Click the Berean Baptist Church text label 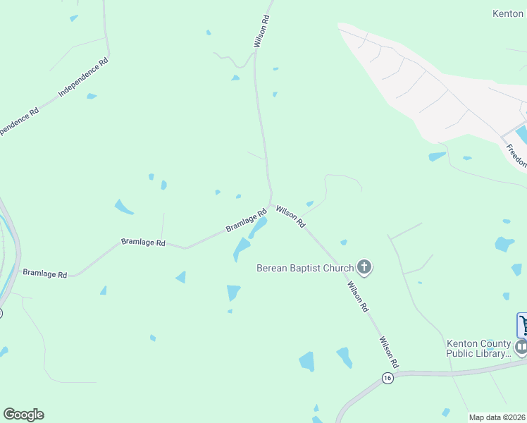tap(304, 268)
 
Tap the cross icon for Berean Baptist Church tap(364, 267)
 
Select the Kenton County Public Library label tap(478, 348)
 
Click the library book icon tap(521, 347)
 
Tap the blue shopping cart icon tap(523, 325)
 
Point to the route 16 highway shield tap(387, 378)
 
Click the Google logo tap(23, 415)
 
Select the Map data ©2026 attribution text tap(497, 417)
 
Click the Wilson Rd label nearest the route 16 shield tap(390, 352)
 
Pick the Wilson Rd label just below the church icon tap(358, 297)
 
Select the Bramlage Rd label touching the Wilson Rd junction tap(246, 221)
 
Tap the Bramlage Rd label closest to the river tap(44, 273)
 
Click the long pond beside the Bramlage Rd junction tap(257, 228)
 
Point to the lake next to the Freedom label tap(522, 133)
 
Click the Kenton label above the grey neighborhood tap(508, 13)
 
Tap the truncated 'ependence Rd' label tap(19, 122)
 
